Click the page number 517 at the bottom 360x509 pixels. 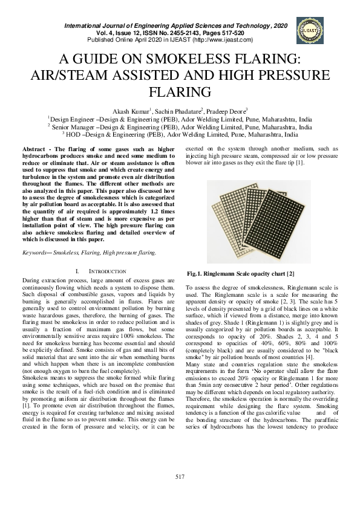(180, 477)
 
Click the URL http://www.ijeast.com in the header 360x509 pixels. (220, 40)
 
